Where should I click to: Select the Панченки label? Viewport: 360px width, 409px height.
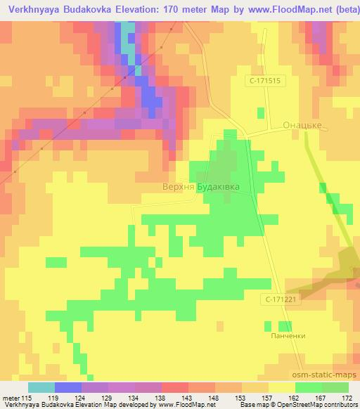(x=288, y=336)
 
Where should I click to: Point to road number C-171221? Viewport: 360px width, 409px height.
(x=282, y=299)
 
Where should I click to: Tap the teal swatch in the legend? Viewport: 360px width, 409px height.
(x=41, y=387)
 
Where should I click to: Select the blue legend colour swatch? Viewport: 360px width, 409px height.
(x=68, y=387)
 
